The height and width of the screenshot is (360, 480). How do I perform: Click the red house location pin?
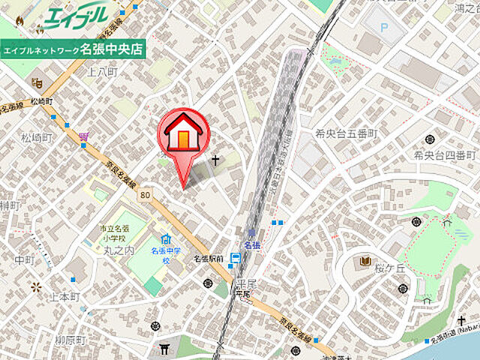(184, 136)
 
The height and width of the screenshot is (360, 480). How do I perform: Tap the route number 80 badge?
(145, 195)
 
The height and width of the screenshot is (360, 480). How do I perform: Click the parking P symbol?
(385, 28)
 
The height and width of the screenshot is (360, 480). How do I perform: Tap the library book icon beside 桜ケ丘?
(365, 261)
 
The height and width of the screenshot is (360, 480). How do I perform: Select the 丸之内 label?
(119, 251)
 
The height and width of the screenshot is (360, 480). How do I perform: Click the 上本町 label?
(64, 297)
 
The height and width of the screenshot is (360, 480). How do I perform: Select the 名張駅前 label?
(208, 259)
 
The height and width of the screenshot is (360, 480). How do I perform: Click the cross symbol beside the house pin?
(217, 160)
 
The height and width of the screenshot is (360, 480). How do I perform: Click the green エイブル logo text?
(76, 16)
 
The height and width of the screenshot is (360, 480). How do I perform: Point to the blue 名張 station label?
(252, 245)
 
